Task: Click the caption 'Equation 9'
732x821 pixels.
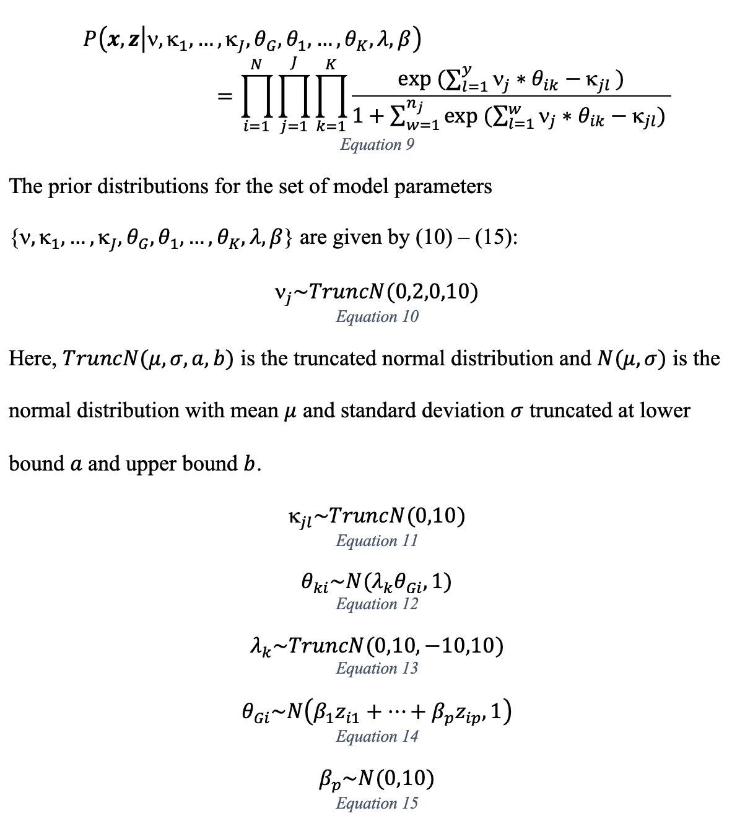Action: point(377,144)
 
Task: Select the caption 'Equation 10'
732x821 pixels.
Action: point(377,316)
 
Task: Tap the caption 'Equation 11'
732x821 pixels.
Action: point(377,541)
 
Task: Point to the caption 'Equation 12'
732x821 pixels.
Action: point(377,604)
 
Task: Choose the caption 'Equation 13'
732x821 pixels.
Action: point(377,668)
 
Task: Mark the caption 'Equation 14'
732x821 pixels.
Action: point(377,736)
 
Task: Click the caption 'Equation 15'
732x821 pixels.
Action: point(377,803)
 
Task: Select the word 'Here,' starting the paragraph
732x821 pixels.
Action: point(32,359)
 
